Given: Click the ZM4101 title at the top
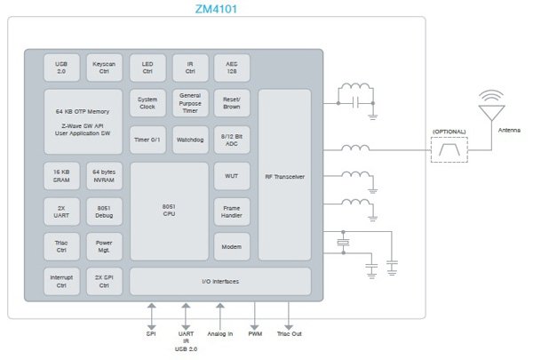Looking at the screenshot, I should [x=216, y=10].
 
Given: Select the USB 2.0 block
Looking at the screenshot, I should [x=61, y=68].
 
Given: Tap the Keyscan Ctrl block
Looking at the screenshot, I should [x=105, y=68].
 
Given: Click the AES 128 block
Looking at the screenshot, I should [x=232, y=68].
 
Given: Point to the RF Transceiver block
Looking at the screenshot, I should [x=284, y=177].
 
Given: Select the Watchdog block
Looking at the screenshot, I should [x=189, y=140].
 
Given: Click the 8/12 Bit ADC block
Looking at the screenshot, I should [x=232, y=140].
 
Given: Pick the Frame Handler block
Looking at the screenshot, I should [x=232, y=211].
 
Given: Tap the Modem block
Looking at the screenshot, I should [x=232, y=246].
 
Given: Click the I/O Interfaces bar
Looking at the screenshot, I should [x=219, y=282].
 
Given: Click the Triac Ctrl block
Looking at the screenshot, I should [x=61, y=246].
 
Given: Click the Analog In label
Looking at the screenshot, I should [x=219, y=334].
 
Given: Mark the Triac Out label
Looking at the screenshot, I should [x=290, y=334].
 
